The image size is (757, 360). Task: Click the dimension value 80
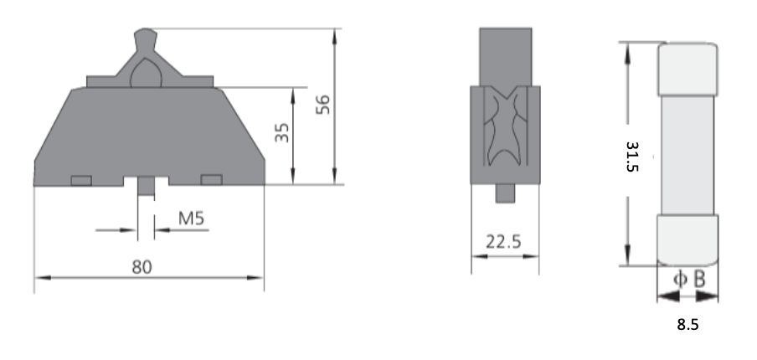142,266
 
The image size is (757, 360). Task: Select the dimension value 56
323,104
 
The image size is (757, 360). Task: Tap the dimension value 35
282,132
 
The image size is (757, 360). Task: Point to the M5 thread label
192,219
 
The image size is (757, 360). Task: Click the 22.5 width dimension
504,242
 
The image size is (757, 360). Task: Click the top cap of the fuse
687,68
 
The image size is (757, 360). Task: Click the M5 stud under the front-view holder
145,187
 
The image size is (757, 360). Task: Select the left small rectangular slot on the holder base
81,180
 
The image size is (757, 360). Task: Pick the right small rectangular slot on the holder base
211,180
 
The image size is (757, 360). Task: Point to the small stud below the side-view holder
505,193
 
